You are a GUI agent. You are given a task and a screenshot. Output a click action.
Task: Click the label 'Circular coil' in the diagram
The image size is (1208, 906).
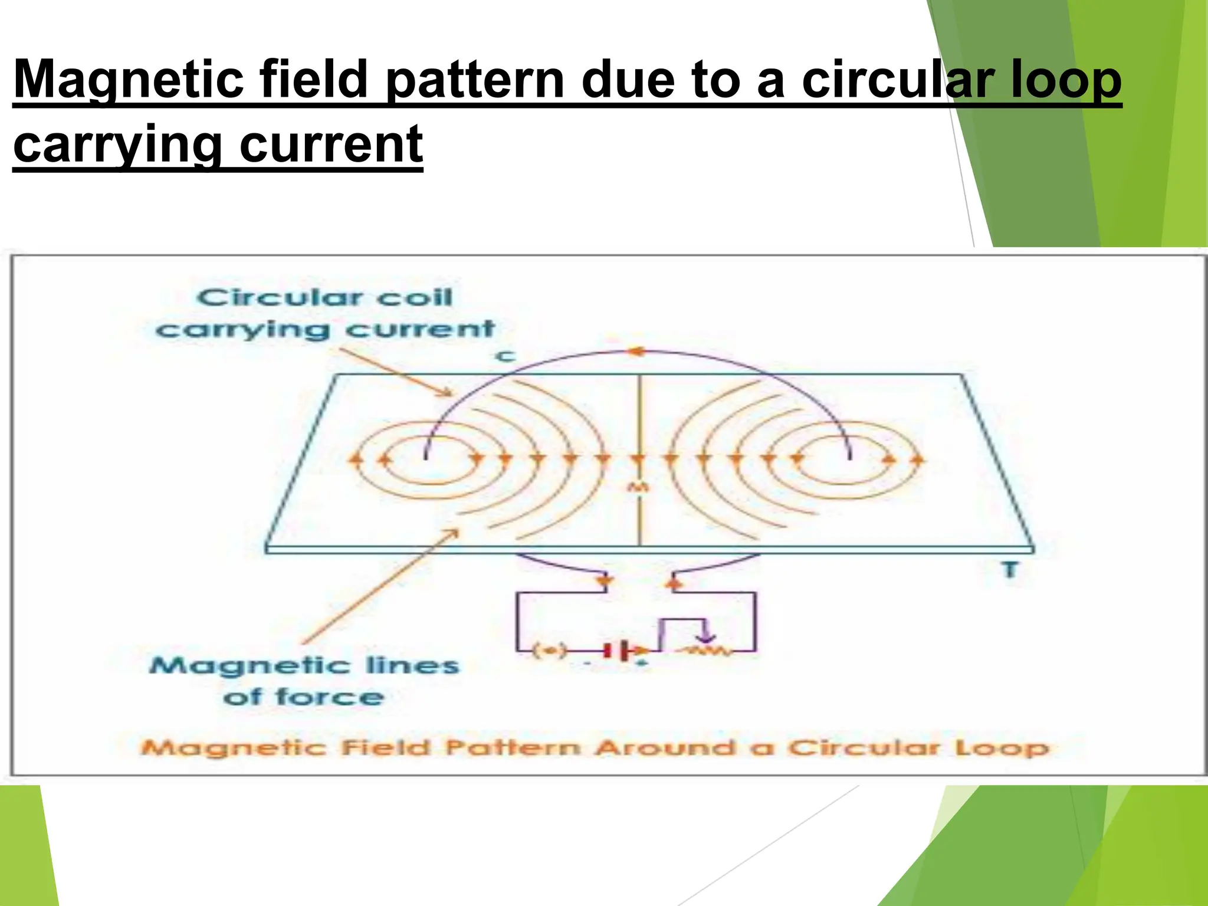(324, 297)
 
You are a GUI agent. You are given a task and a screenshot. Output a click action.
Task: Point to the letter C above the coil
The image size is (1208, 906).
(505, 356)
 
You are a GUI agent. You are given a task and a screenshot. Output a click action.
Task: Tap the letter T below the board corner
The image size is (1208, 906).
(1010, 570)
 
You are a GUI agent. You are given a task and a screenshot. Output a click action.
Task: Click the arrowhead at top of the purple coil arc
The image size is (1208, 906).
(635, 352)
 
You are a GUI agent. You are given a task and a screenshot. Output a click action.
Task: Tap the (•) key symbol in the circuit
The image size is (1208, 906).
(549, 651)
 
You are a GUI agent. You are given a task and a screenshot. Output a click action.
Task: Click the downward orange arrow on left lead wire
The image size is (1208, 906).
(603, 582)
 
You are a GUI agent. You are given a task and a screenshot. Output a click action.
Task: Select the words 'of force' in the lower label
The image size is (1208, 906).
(303, 697)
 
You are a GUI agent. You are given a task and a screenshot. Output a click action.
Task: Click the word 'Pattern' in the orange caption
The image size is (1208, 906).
(513, 748)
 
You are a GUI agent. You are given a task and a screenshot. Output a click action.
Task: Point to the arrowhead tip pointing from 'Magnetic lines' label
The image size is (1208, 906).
(458, 530)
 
